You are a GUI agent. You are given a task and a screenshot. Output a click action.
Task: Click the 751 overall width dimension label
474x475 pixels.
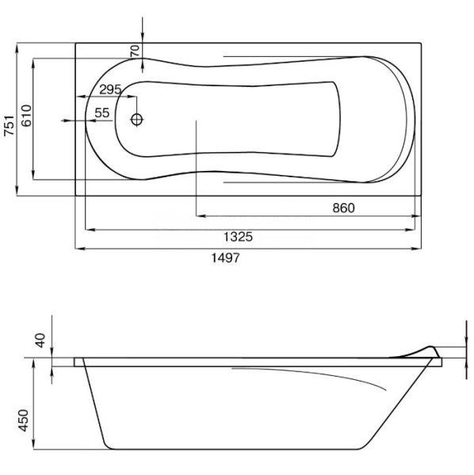tap(9, 125)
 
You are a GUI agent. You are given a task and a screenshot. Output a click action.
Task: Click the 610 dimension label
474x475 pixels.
tap(26, 116)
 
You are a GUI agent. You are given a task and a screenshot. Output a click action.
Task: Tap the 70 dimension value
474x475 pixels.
tap(135, 51)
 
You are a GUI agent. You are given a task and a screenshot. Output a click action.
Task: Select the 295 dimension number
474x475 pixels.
tap(110, 89)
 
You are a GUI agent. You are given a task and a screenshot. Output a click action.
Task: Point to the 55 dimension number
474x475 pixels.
tap(102, 113)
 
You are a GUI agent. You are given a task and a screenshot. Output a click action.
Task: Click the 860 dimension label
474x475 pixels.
tap(343, 207)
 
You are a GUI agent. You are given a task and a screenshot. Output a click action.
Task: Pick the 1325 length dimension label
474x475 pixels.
tap(238, 237)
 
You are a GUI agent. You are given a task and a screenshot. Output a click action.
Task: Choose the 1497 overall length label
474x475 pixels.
tap(225, 258)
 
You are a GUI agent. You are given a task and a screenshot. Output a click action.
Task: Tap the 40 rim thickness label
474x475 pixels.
tap(40, 340)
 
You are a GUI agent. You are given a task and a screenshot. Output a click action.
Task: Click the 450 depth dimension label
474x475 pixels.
tap(23, 420)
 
